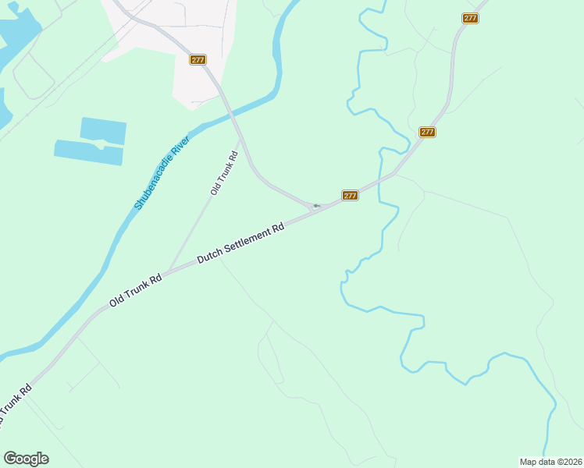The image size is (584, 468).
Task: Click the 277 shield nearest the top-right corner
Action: click(470, 18)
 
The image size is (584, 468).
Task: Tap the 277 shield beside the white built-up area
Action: click(198, 59)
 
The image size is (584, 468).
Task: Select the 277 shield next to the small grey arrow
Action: click(350, 195)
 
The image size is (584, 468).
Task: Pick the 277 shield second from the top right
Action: click(426, 132)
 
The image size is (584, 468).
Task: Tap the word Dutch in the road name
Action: click(209, 254)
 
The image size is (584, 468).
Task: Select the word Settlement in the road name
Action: click(246, 240)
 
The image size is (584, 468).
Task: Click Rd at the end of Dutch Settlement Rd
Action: click(277, 229)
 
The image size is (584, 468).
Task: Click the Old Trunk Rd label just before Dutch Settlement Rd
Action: click(135, 288)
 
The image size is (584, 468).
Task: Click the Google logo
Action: click(26, 459)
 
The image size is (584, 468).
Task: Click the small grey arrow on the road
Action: click(315, 206)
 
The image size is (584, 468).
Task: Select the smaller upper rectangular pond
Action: click(103, 130)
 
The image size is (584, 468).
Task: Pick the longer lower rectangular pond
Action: click(88, 153)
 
